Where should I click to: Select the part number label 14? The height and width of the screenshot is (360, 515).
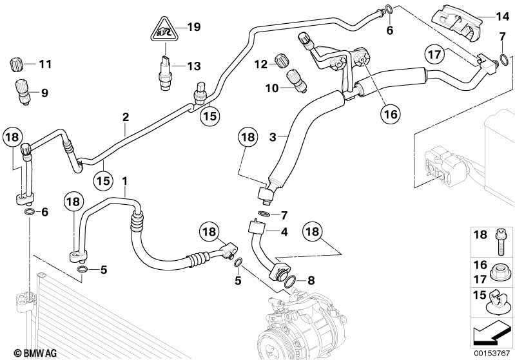pos(502,16)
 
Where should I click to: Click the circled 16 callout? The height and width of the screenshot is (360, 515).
pos(391,115)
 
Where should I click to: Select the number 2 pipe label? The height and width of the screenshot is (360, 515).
pos(126,117)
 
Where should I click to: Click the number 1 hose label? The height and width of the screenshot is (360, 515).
pos(125,182)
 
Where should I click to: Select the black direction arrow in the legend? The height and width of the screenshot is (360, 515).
pos(492,332)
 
